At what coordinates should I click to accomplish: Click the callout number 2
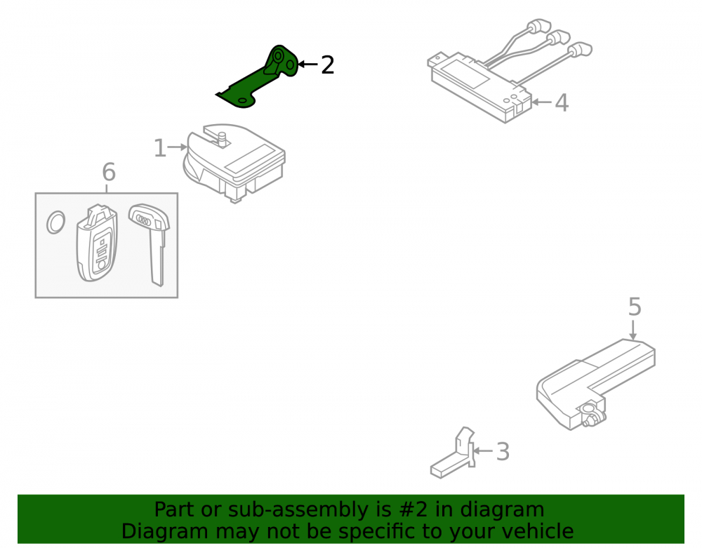[328, 65]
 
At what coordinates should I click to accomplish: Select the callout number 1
[159, 148]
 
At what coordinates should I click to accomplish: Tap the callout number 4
[562, 103]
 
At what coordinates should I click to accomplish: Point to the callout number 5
[635, 307]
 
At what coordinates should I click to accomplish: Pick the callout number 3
[503, 452]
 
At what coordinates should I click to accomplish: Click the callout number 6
[109, 172]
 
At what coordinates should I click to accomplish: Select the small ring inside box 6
[56, 222]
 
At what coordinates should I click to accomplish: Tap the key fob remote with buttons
[97, 243]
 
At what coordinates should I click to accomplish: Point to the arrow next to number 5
[633, 329]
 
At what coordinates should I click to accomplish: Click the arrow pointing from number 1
[178, 147]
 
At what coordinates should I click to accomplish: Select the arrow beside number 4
[541, 102]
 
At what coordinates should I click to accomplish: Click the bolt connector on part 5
[591, 414]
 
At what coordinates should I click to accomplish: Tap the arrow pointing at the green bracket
[308, 65]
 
